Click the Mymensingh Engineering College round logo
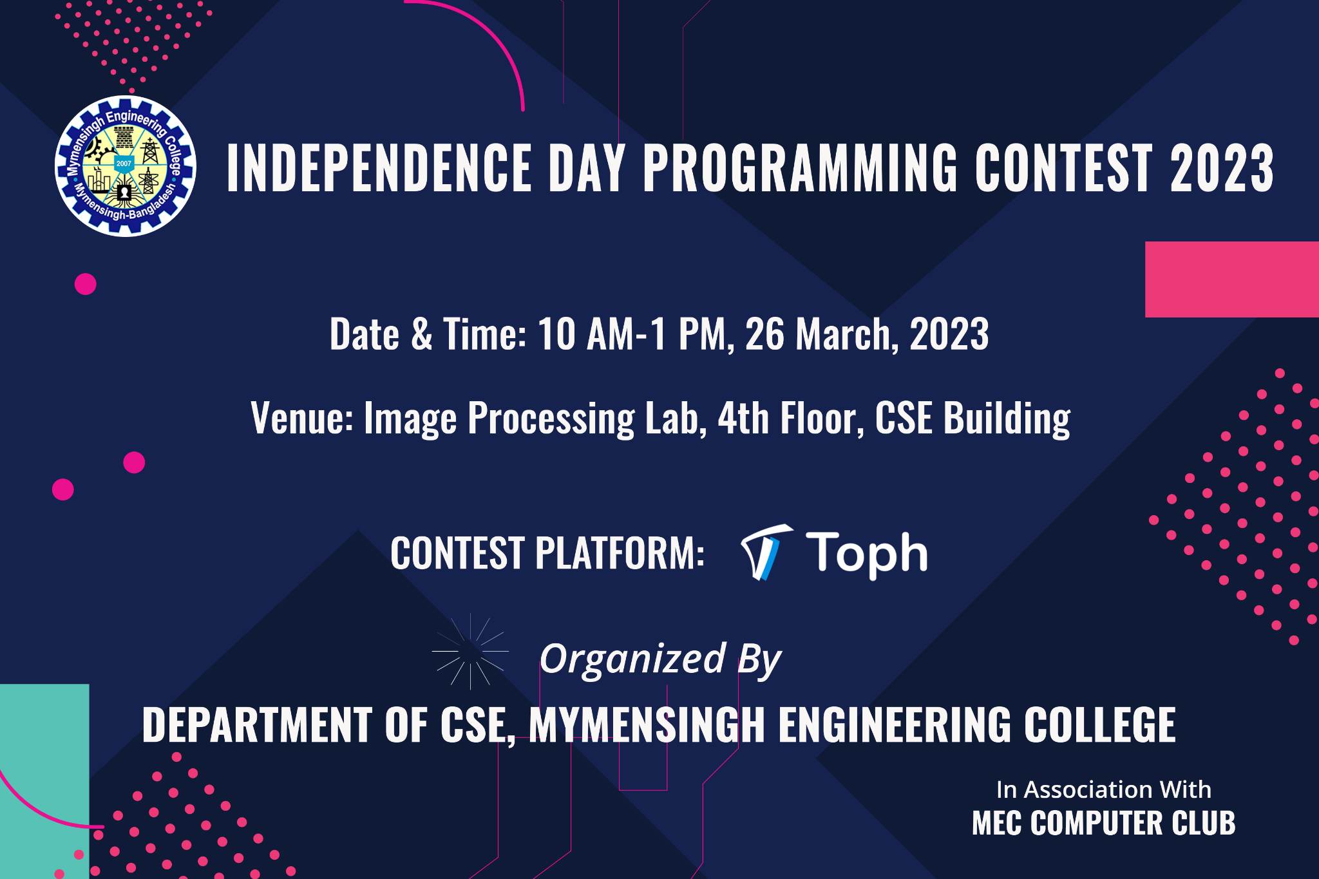126,165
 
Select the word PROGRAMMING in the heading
801,169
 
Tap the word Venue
300,417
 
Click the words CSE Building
973,417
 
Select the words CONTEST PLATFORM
547,553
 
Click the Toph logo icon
766,553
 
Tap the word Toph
868,553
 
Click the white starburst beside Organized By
470,651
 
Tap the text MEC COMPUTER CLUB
1103,823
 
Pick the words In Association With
1103,789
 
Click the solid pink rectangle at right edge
1232,279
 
